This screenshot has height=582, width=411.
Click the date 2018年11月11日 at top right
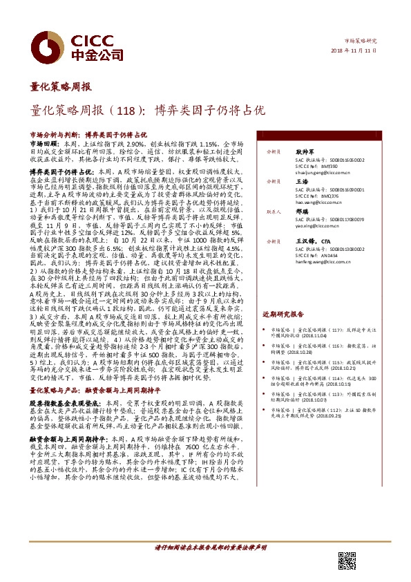tap(360, 50)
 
